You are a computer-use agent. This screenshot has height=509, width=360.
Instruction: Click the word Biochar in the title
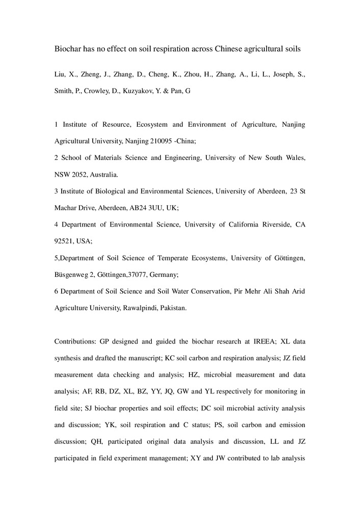tap(69, 49)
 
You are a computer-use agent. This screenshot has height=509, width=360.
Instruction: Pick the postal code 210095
tap(161, 140)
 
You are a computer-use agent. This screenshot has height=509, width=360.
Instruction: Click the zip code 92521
tap(64, 241)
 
